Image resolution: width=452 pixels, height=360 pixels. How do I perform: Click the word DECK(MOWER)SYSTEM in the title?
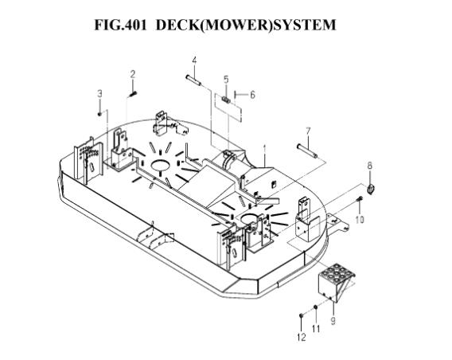(246, 25)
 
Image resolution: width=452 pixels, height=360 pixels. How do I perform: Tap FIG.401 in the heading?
(120, 25)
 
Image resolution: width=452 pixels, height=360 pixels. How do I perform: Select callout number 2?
(133, 74)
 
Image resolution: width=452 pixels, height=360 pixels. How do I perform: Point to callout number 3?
(99, 93)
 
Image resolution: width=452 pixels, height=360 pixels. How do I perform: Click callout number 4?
(194, 61)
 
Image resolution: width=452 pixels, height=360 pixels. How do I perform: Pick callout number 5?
(226, 80)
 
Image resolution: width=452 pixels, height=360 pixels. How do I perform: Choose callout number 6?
(252, 95)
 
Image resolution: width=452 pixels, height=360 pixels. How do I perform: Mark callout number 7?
(308, 131)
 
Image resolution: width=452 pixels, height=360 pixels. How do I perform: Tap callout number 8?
(370, 166)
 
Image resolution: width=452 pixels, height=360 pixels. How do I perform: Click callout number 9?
(333, 320)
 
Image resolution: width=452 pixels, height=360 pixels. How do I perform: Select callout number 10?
(360, 220)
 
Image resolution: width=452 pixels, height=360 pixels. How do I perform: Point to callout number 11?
(316, 329)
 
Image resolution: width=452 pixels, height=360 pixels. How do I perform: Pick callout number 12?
(302, 337)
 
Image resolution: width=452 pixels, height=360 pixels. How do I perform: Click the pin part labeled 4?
(193, 80)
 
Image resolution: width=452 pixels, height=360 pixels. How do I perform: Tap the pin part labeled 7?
(307, 151)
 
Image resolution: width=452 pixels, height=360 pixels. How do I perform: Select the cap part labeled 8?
(370, 189)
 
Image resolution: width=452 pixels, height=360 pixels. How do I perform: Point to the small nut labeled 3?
(99, 115)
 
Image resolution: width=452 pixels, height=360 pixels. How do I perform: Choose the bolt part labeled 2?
(133, 94)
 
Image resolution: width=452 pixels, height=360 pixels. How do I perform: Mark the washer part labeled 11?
(316, 307)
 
